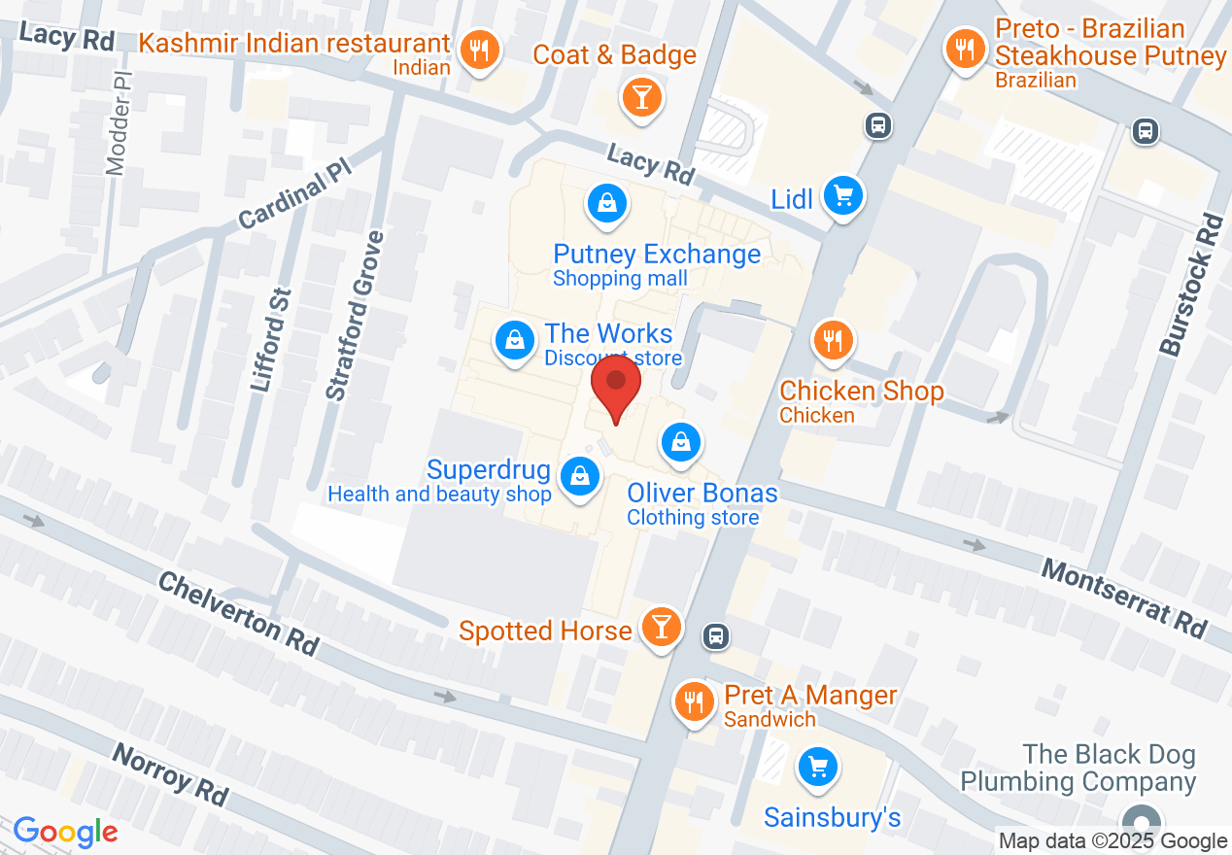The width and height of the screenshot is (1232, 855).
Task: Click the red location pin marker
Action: (x=616, y=385)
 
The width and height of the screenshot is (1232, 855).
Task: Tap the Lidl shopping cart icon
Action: (x=842, y=197)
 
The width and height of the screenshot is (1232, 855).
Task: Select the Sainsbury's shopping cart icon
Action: (x=817, y=768)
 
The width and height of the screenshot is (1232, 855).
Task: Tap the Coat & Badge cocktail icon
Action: (x=641, y=96)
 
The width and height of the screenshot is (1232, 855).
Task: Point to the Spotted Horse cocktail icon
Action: (x=662, y=626)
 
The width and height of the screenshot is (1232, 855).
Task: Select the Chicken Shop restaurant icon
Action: (x=833, y=339)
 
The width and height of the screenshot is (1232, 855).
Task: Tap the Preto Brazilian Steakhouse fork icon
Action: (x=965, y=47)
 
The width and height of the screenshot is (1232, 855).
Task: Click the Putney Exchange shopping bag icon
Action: (x=606, y=202)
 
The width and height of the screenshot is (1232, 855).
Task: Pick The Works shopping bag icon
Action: (x=515, y=340)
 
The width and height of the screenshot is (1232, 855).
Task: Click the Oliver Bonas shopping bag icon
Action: (x=681, y=442)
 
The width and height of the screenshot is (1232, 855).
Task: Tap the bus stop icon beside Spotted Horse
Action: (x=716, y=635)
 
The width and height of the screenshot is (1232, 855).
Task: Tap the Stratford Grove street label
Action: (x=356, y=316)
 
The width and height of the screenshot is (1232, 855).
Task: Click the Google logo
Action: (x=65, y=832)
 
